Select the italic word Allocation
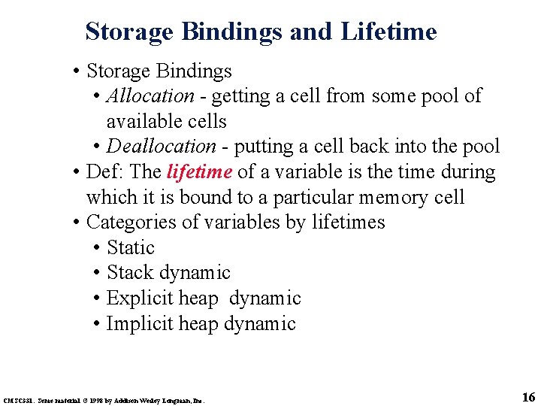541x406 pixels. coord(150,96)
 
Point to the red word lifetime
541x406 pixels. coord(199,172)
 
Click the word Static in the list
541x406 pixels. coord(131,248)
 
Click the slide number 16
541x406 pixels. coord(527,397)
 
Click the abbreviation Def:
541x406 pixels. coord(102,172)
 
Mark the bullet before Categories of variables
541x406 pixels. coord(77,223)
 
